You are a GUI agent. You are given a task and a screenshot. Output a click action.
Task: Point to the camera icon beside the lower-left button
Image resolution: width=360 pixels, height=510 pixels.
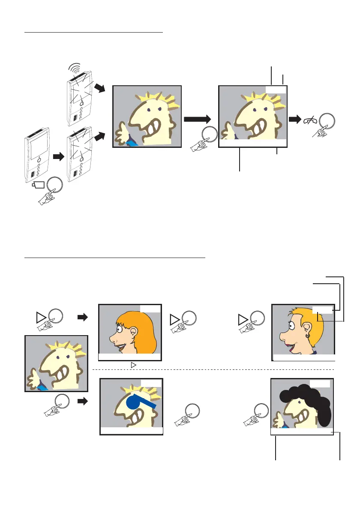coord(39,186)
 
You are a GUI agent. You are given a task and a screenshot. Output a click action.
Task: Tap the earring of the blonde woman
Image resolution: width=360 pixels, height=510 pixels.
coord(308,336)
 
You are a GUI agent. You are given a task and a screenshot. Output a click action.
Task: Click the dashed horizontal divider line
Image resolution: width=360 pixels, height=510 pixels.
coord(214,369)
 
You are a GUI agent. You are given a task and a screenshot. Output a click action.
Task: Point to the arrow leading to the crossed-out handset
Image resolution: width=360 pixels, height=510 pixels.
coord(295,120)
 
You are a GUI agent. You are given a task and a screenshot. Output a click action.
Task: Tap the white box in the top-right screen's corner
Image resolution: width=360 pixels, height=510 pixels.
coord(275,89)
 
